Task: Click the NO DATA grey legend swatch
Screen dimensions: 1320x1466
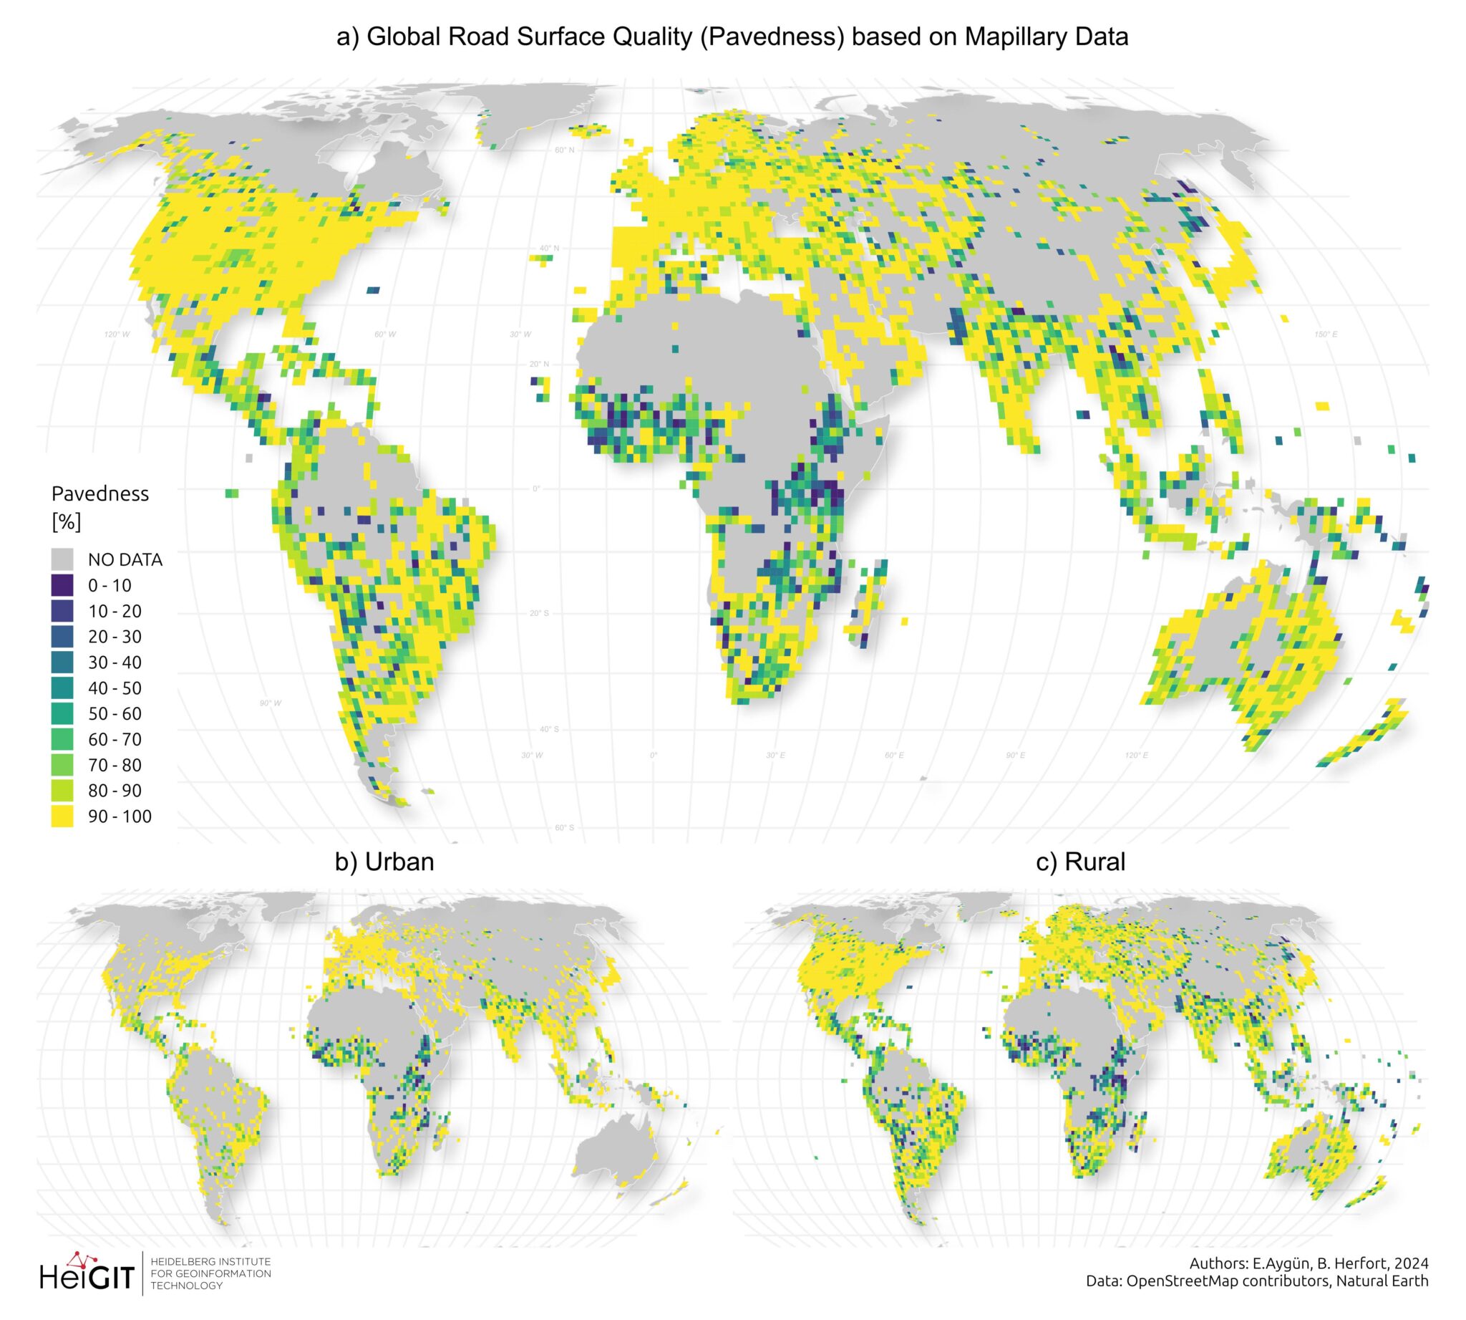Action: pyautogui.click(x=62, y=559)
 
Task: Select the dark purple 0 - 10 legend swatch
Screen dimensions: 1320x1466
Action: pyautogui.click(x=62, y=585)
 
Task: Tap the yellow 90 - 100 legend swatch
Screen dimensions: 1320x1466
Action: pyautogui.click(x=62, y=816)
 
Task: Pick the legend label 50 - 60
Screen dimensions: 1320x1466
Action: pyautogui.click(x=115, y=713)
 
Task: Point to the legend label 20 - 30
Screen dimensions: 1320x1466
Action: pyautogui.click(x=115, y=637)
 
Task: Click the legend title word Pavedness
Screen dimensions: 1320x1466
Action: pyautogui.click(x=100, y=494)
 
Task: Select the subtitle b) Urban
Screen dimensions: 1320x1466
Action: pyautogui.click(x=384, y=862)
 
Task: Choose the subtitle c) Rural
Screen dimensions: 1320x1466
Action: pyautogui.click(x=1080, y=862)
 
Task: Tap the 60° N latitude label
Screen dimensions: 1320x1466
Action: pyautogui.click(x=564, y=150)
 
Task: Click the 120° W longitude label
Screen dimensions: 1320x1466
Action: pyautogui.click(x=117, y=334)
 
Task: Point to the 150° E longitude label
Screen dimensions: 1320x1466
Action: pyautogui.click(x=1326, y=334)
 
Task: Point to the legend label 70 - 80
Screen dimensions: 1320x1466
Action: pyautogui.click(x=115, y=765)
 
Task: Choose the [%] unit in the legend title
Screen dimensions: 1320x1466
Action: pyautogui.click(x=66, y=521)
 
